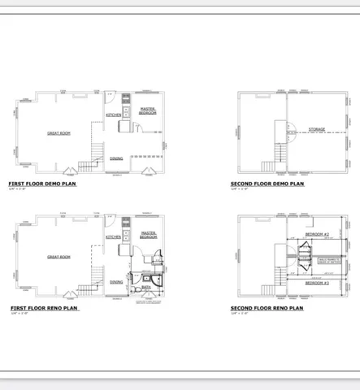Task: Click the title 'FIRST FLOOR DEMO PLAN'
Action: tap(42, 184)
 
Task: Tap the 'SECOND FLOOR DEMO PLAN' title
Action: tap(267, 184)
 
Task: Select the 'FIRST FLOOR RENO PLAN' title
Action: tap(45, 309)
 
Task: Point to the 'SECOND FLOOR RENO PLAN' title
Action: tap(267, 309)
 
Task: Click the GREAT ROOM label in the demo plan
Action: tap(59, 132)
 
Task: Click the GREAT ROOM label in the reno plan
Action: tap(59, 257)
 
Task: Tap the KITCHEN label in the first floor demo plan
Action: tap(114, 115)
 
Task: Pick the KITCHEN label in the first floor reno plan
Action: tap(114, 237)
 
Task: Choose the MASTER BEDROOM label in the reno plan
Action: tap(149, 235)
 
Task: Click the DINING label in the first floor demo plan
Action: tap(116, 158)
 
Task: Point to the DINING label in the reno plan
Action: tap(116, 282)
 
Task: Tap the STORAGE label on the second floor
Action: tap(317, 130)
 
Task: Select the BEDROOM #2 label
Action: tap(316, 234)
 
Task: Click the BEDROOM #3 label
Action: tap(316, 284)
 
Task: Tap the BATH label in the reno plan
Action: tap(146, 287)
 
